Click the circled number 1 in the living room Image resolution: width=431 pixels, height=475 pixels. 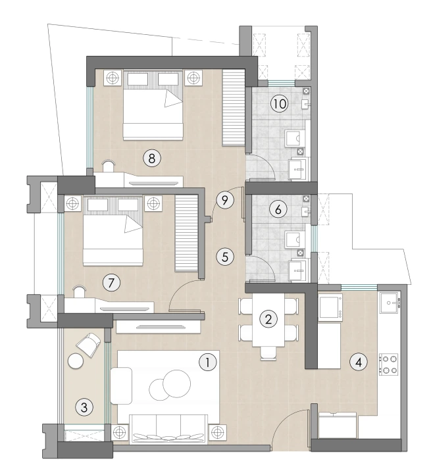pyautogui.click(x=207, y=361)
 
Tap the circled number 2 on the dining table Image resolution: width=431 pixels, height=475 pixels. pyautogui.click(x=268, y=319)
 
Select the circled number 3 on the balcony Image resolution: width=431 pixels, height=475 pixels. pyautogui.click(x=83, y=407)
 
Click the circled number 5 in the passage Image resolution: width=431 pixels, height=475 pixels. pyautogui.click(x=225, y=256)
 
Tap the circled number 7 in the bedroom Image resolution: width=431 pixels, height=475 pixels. pyautogui.click(x=112, y=283)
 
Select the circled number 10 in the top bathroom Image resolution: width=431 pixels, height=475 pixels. pyautogui.click(x=279, y=105)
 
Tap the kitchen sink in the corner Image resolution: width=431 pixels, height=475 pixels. pyautogui.click(x=393, y=303)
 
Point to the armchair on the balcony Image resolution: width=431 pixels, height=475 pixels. pyautogui.click(x=89, y=343)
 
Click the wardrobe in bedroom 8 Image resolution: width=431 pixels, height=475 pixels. pyautogui.click(x=232, y=108)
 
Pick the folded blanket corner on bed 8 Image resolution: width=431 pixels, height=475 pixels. pyautogui.click(x=172, y=99)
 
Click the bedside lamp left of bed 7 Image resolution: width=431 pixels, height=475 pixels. pyautogui.click(x=72, y=204)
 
